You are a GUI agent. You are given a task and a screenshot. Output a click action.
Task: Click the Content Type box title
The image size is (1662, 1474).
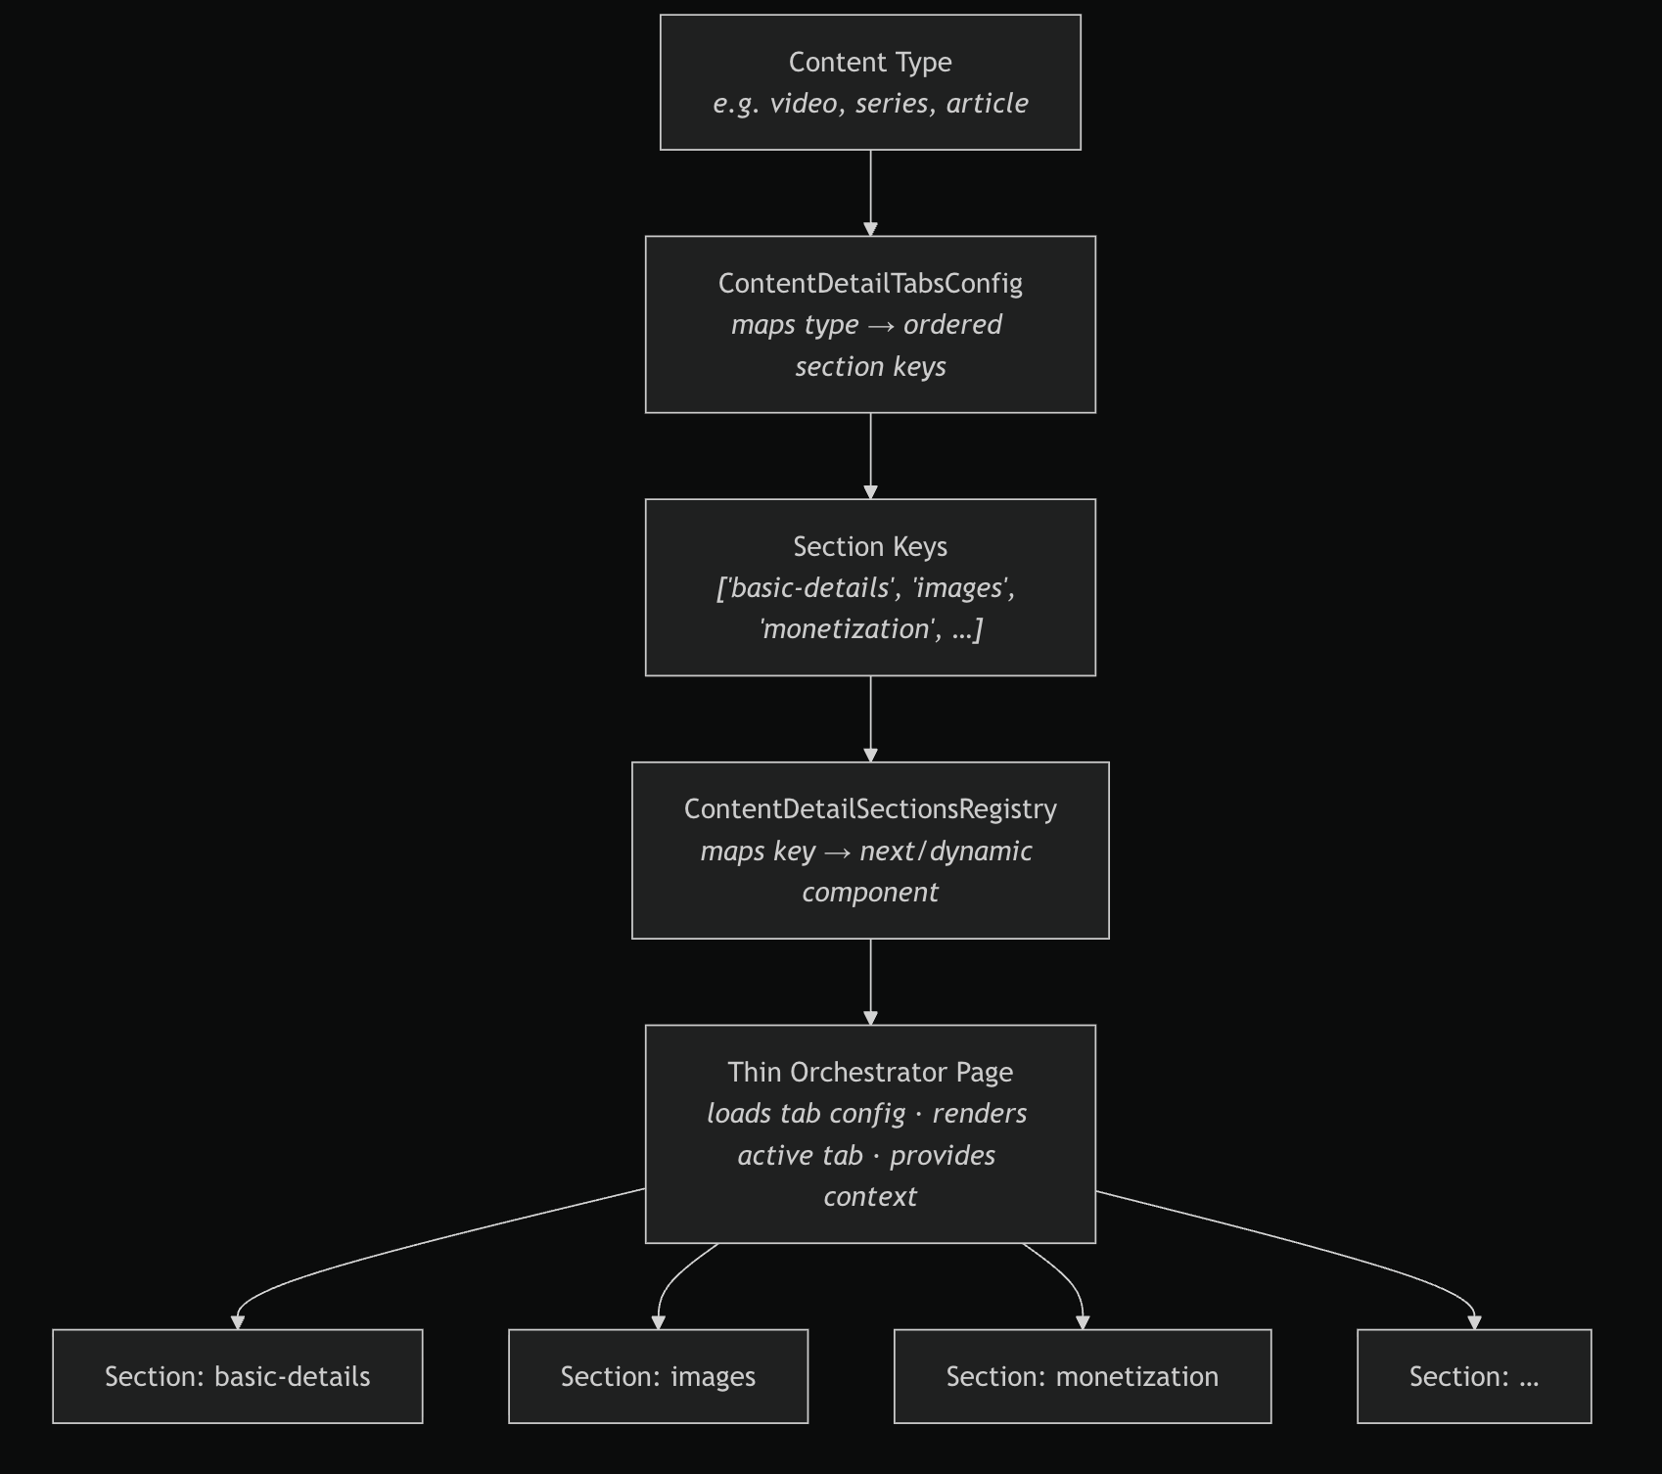pyautogui.click(x=870, y=63)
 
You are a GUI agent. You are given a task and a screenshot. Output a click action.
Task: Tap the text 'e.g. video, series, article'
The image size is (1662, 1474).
pyautogui.click(x=870, y=104)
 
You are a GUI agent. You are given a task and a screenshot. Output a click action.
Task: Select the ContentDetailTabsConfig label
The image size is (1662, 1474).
pyautogui.click(x=870, y=284)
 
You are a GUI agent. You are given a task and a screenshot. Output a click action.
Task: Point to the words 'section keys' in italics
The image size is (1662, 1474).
pyautogui.click(x=870, y=367)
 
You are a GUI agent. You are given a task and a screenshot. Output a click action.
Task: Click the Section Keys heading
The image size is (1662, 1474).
pyautogui.click(x=870, y=546)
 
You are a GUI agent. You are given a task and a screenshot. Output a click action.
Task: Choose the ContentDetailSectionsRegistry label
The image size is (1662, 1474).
pyautogui.click(x=870, y=809)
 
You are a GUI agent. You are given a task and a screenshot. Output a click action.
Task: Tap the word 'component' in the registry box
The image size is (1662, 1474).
pyautogui.click(x=870, y=893)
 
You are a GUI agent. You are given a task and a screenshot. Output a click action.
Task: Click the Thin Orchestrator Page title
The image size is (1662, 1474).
pyautogui.click(x=870, y=1073)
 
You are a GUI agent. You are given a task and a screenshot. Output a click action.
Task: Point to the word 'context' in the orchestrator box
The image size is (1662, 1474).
pyautogui.click(x=870, y=1197)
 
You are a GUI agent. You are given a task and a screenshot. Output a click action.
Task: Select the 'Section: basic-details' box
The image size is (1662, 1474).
pyautogui.click(x=238, y=1376)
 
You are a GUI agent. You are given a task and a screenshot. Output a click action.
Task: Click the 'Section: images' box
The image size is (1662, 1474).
pyautogui.click(x=658, y=1376)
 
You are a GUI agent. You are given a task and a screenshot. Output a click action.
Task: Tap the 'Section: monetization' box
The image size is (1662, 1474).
pyautogui.click(x=1083, y=1376)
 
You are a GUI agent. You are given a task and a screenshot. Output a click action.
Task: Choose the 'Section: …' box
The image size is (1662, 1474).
pyautogui.click(x=1474, y=1376)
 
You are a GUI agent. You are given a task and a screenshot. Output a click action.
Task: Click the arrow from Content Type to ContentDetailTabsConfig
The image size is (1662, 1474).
pyautogui.click(x=870, y=193)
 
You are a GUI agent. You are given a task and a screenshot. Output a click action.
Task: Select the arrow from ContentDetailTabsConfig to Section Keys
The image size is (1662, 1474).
pyautogui.click(x=870, y=456)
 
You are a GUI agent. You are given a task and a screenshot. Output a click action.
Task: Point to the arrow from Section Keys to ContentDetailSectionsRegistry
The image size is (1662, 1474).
pyautogui.click(x=870, y=718)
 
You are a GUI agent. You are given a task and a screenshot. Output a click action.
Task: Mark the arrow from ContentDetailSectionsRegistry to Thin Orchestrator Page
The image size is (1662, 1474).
pyautogui.click(x=870, y=982)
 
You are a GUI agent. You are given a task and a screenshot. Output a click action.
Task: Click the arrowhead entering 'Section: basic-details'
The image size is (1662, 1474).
pyautogui.click(x=238, y=1322)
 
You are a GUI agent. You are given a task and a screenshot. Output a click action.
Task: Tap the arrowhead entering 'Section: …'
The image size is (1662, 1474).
pyautogui.click(x=1474, y=1322)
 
